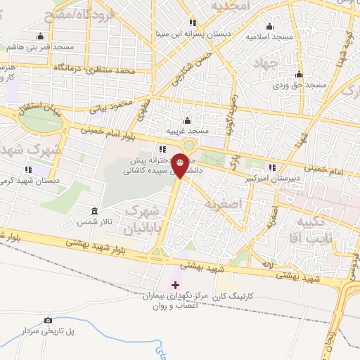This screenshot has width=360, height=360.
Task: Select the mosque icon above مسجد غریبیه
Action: click(187, 120)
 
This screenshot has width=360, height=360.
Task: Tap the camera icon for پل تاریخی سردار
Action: click(48, 320)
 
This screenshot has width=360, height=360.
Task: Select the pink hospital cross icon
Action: click(174, 284)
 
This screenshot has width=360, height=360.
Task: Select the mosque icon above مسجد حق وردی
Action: click(300, 74)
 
